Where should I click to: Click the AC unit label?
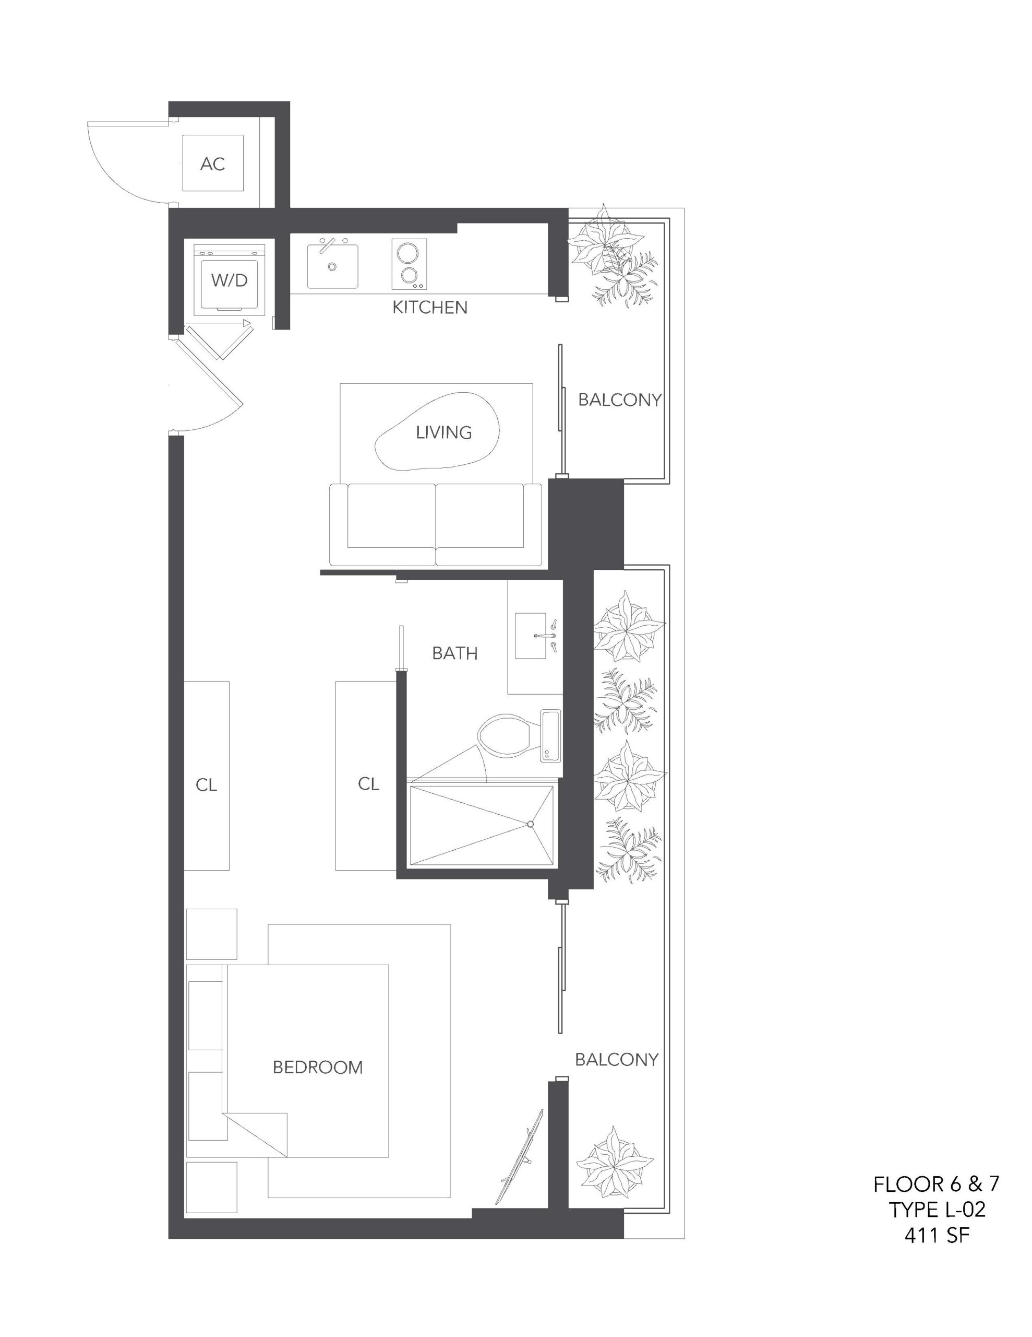[212, 163]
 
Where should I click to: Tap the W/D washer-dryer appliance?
[229, 280]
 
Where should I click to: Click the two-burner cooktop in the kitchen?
[409, 264]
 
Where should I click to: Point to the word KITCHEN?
[429, 307]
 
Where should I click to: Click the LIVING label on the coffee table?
[443, 432]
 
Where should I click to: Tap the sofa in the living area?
[436, 524]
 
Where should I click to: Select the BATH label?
[454, 653]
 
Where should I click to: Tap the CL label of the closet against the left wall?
[206, 785]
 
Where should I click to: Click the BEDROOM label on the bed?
[318, 1068]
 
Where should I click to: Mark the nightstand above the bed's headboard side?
[211, 934]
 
